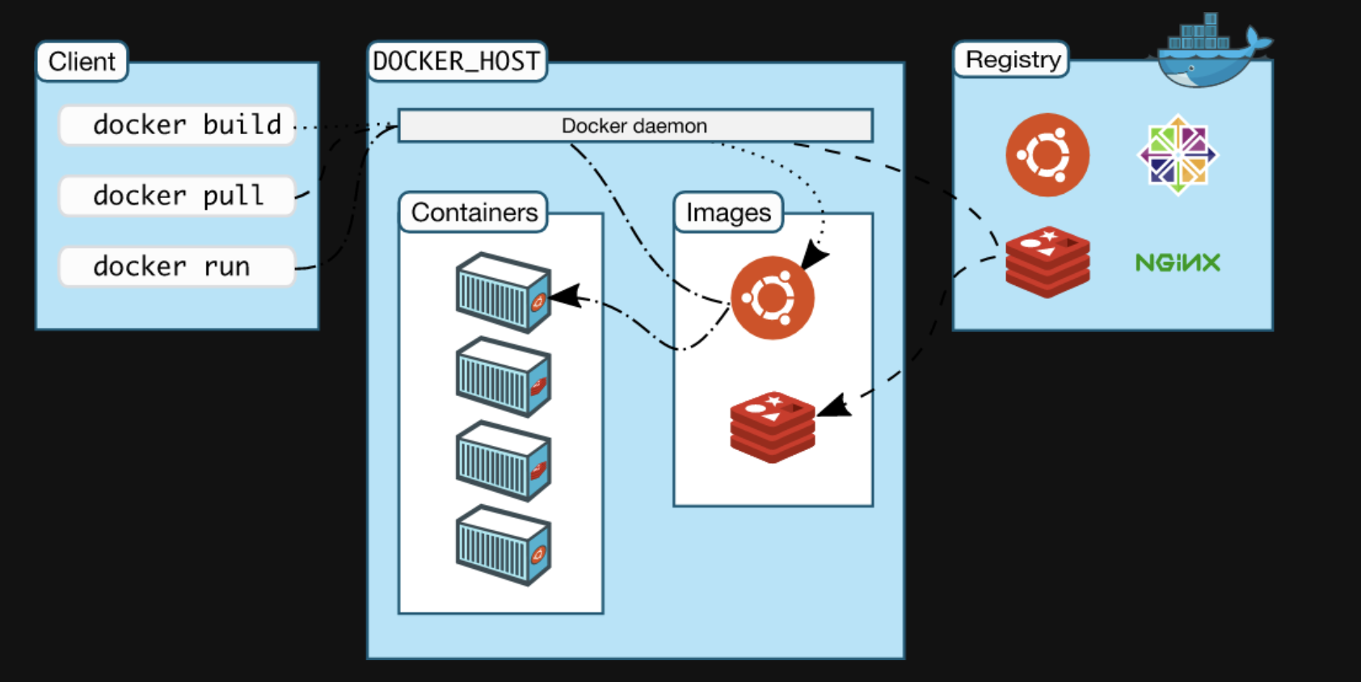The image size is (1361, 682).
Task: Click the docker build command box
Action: pos(177,125)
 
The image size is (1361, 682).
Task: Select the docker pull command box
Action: pos(177,196)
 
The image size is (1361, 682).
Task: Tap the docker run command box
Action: pos(177,266)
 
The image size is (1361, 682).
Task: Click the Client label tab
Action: pos(82,61)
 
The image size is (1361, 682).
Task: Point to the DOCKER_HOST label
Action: pos(457,61)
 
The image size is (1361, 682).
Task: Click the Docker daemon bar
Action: pos(635,126)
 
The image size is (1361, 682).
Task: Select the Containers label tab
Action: pos(474,213)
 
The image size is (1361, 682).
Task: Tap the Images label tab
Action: pos(728,213)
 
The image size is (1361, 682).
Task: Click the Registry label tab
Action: pos(1012,60)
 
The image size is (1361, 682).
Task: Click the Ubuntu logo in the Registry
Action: pos(1047,155)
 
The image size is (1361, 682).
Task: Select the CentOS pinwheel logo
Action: pos(1178,155)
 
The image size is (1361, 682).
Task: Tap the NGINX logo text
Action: pos(1178,263)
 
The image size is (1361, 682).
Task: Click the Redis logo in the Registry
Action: pos(1047,262)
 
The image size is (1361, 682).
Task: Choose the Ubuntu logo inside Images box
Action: pos(773,297)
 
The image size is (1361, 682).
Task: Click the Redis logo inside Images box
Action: pos(773,427)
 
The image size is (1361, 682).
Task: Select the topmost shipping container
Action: pos(504,293)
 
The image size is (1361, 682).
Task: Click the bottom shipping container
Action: pos(504,545)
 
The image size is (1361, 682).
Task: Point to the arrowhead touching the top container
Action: pos(565,297)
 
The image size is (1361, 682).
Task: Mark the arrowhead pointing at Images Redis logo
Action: pos(833,406)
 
